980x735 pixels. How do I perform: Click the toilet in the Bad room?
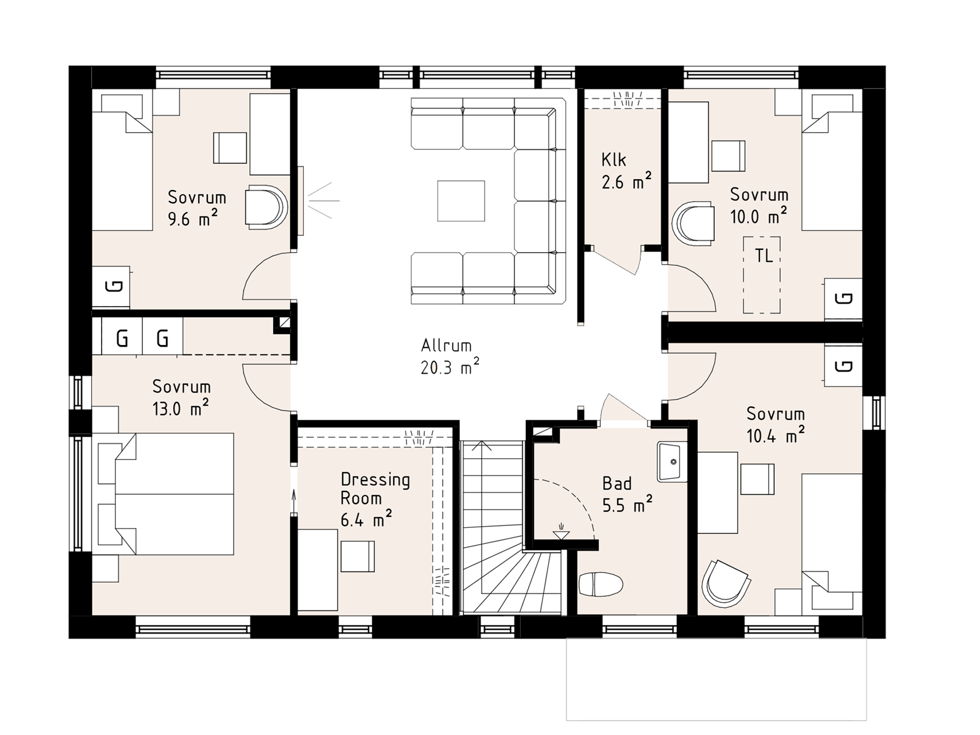601,585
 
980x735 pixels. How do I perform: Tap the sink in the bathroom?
672,462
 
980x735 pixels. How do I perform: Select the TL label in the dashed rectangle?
764,256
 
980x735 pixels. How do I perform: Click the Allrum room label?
446,346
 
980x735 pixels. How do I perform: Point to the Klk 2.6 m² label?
626,171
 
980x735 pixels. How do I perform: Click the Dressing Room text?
375,489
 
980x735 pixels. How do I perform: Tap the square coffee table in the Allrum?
461,201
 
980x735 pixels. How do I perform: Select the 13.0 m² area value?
180,408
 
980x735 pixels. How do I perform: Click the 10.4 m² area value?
775,435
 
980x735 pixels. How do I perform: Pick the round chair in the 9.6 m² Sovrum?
265,207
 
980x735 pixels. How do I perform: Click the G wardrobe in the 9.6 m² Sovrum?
111,287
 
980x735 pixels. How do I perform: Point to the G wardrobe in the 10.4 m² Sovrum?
843,365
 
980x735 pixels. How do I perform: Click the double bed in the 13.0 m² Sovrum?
165,494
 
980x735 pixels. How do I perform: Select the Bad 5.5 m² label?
627,494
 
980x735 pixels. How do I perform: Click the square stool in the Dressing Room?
358,556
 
